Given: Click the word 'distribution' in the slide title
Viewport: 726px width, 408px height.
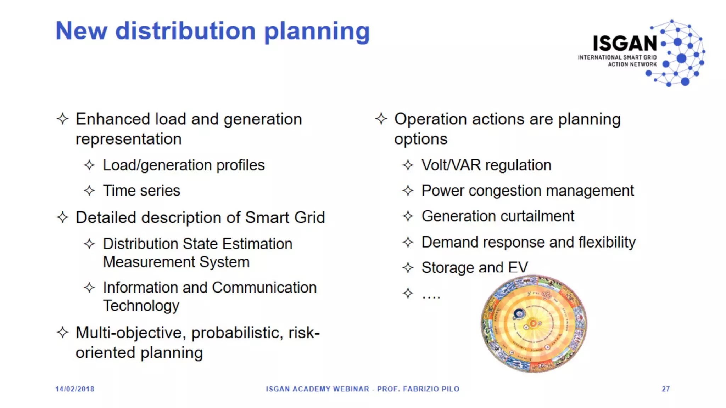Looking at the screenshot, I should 185,31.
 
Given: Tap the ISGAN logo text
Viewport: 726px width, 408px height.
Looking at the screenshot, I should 625,44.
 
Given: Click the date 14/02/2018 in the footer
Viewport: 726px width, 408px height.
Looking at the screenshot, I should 75,389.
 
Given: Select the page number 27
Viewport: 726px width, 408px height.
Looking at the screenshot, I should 666,389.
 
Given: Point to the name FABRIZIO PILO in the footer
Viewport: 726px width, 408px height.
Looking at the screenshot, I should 431,389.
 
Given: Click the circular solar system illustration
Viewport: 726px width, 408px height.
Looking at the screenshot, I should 534,324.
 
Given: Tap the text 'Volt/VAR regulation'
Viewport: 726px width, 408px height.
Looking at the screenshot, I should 486,165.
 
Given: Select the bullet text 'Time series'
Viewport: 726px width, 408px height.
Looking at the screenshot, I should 141,191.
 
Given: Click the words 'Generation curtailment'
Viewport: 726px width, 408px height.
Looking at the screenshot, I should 498,216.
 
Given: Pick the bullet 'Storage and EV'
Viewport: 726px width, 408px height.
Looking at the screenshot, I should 475,268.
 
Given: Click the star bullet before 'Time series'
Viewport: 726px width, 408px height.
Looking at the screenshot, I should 89,191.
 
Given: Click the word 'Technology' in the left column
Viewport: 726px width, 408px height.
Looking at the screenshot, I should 141,306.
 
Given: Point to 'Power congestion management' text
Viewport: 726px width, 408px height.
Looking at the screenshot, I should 527,191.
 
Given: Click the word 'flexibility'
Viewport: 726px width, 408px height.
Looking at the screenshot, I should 607,243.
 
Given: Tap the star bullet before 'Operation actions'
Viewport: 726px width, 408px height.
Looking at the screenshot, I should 381,119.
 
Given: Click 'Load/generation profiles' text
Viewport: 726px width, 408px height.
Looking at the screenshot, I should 184,165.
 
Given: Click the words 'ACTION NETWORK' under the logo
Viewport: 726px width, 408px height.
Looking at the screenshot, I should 632,64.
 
